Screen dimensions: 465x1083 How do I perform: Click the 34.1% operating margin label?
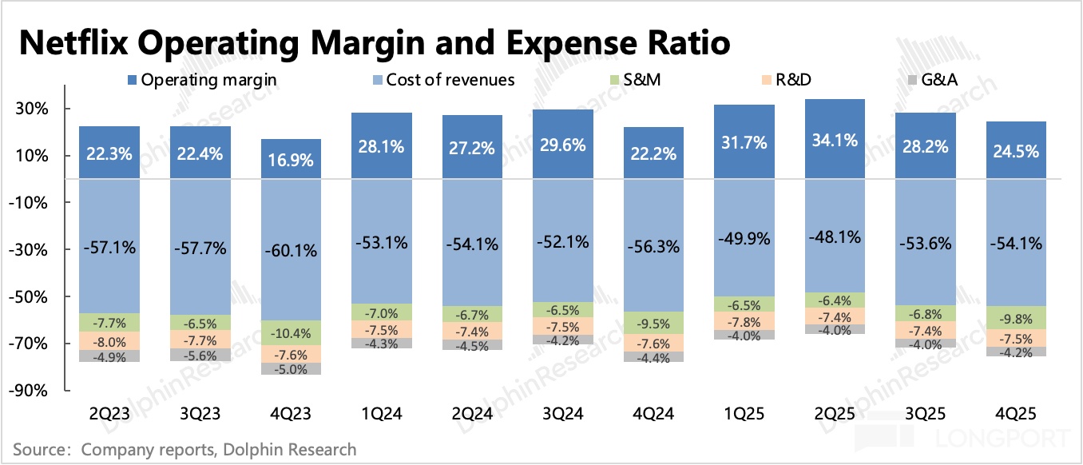835,141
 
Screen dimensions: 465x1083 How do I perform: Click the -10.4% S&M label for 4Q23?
292,332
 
